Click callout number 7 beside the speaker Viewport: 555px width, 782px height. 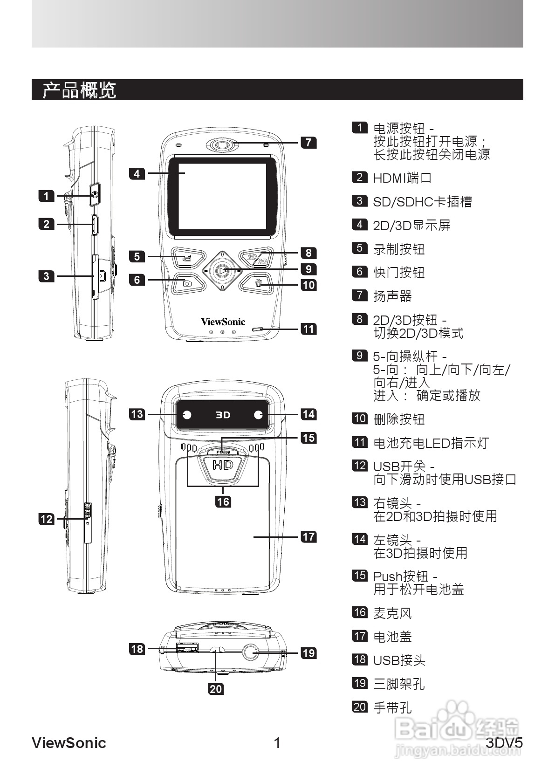[308, 142]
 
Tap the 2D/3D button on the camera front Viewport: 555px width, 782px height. [257, 258]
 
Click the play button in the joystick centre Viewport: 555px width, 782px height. [223, 270]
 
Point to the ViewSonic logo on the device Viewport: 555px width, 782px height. [223, 322]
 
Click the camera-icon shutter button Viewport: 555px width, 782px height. [187, 283]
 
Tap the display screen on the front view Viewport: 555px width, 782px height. [222, 197]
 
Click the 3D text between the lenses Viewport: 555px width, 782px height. [223, 415]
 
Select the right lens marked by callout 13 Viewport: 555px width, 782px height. [187, 415]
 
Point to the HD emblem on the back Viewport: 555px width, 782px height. [222, 465]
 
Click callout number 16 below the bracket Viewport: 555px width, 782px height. [223, 501]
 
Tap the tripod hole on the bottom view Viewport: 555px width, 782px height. [251, 652]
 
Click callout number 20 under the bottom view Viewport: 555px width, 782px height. [216, 688]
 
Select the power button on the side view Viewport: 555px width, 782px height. [95, 194]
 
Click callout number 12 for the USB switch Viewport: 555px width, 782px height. [47, 519]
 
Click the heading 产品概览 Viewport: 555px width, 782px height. [79, 90]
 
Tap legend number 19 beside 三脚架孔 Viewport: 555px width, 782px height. [359, 683]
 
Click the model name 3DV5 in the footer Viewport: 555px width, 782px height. [504, 743]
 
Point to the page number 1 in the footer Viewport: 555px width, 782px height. [277, 743]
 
